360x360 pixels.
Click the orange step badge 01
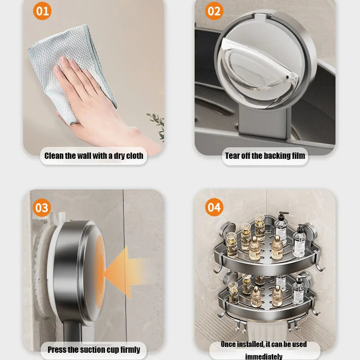pos(42,10)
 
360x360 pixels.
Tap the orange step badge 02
pos(214,10)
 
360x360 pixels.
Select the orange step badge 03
pos(42,208)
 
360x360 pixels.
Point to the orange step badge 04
pos(214,207)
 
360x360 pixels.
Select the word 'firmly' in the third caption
pos(129,349)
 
